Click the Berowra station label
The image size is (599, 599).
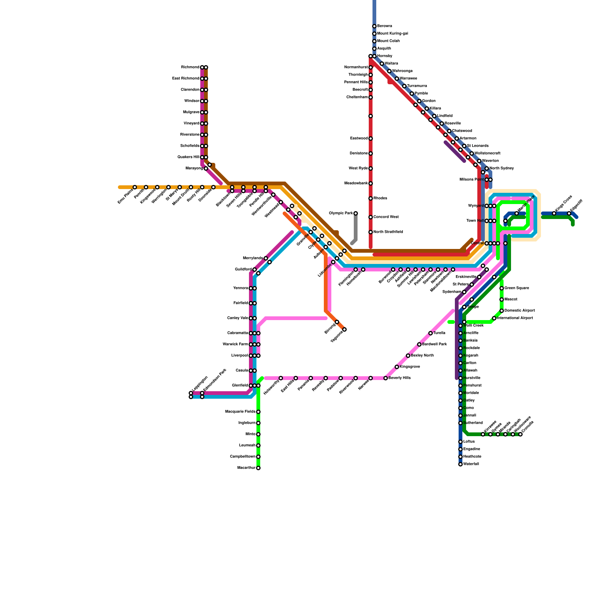384,26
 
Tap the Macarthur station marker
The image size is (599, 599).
258,468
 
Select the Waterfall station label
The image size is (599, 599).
471,464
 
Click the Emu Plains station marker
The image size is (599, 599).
135,187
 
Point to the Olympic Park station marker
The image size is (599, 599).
356,213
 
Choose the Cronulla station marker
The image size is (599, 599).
520,434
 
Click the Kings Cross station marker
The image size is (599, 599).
554,213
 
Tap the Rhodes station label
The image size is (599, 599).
380,198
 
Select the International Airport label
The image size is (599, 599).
516,318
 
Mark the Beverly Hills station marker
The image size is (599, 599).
386,378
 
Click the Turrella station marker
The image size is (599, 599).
431,333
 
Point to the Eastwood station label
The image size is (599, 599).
359,139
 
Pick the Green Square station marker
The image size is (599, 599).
502,288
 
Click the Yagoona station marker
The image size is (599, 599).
344,329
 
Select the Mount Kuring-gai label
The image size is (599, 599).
392,34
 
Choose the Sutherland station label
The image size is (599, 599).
473,423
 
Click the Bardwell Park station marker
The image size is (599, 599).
419,344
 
